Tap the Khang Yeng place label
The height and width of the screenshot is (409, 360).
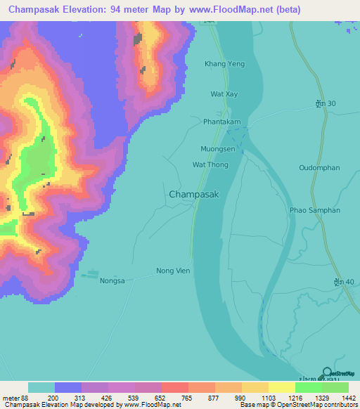click(x=224, y=64)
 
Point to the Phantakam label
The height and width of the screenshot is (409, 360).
click(x=222, y=122)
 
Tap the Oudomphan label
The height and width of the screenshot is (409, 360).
click(x=319, y=167)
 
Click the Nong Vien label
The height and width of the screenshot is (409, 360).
click(x=173, y=271)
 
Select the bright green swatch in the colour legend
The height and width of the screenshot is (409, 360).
click(x=308, y=387)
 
